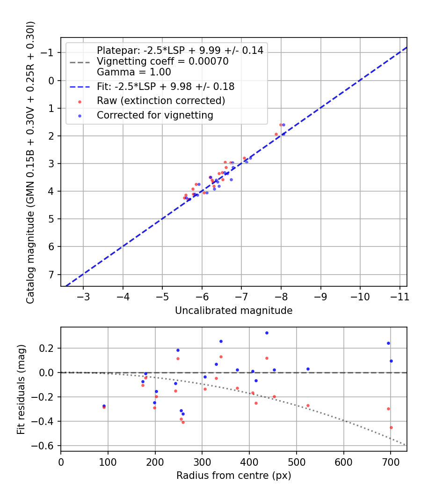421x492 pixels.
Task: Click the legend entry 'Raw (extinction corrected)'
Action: [161, 101]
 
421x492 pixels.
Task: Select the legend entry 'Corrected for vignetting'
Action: [155, 115]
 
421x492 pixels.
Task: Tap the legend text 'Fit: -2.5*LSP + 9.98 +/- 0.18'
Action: [166, 87]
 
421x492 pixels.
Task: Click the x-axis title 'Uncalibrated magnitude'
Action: [233, 310]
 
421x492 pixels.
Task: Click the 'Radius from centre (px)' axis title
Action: [233, 476]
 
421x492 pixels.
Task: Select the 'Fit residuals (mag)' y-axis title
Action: [21, 389]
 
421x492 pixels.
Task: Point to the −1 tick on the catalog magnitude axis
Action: [49, 52]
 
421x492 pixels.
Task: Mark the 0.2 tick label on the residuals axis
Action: [49, 348]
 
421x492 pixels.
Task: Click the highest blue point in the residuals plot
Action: [267, 333]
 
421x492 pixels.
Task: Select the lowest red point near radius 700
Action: [391, 427]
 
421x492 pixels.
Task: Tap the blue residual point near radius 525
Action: [308, 369]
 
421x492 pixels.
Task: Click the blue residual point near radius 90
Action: [104, 406]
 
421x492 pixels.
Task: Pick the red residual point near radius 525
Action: [308, 405]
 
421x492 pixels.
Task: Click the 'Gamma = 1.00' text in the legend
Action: [134, 72]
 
